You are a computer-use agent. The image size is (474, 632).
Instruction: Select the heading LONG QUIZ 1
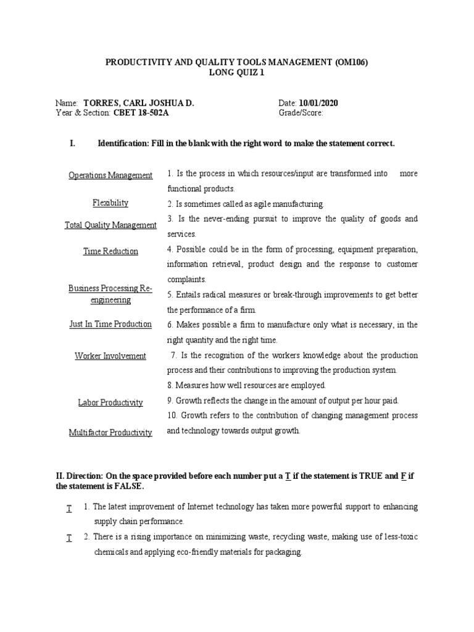[236, 72]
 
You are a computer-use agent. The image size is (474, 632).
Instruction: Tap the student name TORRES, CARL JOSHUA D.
[138, 103]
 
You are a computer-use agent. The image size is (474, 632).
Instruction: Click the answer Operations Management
[110, 175]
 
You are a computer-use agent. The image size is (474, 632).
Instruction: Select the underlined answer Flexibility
[110, 202]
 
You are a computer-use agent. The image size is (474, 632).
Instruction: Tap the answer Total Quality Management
[110, 225]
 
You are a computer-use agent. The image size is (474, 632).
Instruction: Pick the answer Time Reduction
[110, 251]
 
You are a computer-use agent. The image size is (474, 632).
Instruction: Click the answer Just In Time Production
[110, 324]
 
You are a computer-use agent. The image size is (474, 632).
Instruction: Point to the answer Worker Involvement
[110, 356]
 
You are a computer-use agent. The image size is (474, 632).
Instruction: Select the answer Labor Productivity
[110, 402]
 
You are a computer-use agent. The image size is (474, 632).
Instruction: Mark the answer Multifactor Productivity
[110, 433]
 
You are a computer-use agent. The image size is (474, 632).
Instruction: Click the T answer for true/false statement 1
[69, 507]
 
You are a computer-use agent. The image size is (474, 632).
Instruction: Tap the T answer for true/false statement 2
[69, 538]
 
